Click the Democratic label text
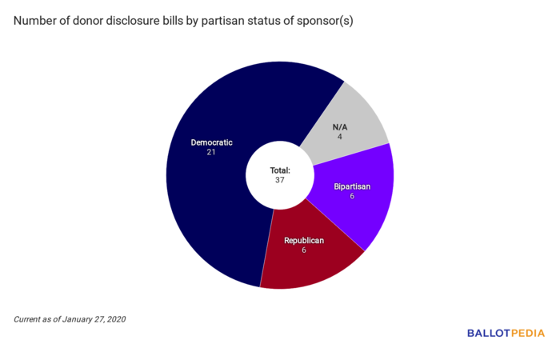(x=211, y=142)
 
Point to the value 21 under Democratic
(x=211, y=153)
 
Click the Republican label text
(x=304, y=240)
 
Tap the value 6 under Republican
(x=304, y=250)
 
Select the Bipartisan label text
(x=353, y=186)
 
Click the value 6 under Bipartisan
(x=352, y=196)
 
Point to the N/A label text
(x=340, y=126)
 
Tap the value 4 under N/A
(x=340, y=137)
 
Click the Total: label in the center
(x=279, y=170)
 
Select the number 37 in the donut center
(x=279, y=180)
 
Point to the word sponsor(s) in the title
(x=322, y=21)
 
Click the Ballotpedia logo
(x=506, y=333)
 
